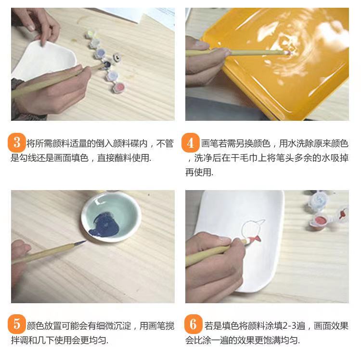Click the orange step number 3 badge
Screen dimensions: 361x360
tap(17, 142)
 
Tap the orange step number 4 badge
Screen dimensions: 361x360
tap(191, 143)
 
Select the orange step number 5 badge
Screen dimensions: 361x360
tap(17, 324)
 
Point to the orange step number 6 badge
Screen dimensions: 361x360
tap(193, 324)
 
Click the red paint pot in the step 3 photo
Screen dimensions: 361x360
tap(119, 87)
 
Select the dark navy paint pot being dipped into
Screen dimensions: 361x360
tap(107, 64)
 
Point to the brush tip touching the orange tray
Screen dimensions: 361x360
tap(287, 53)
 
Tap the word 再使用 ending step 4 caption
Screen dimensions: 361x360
tap(198, 172)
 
